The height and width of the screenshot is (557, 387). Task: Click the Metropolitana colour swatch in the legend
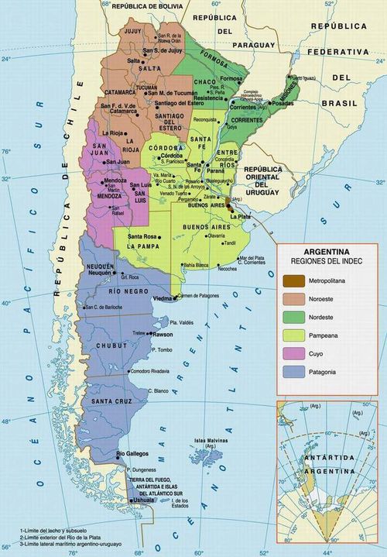coord(293,280)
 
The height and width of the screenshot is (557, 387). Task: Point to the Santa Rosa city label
coord(142,236)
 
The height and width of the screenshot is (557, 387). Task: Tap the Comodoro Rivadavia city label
coord(149,372)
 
